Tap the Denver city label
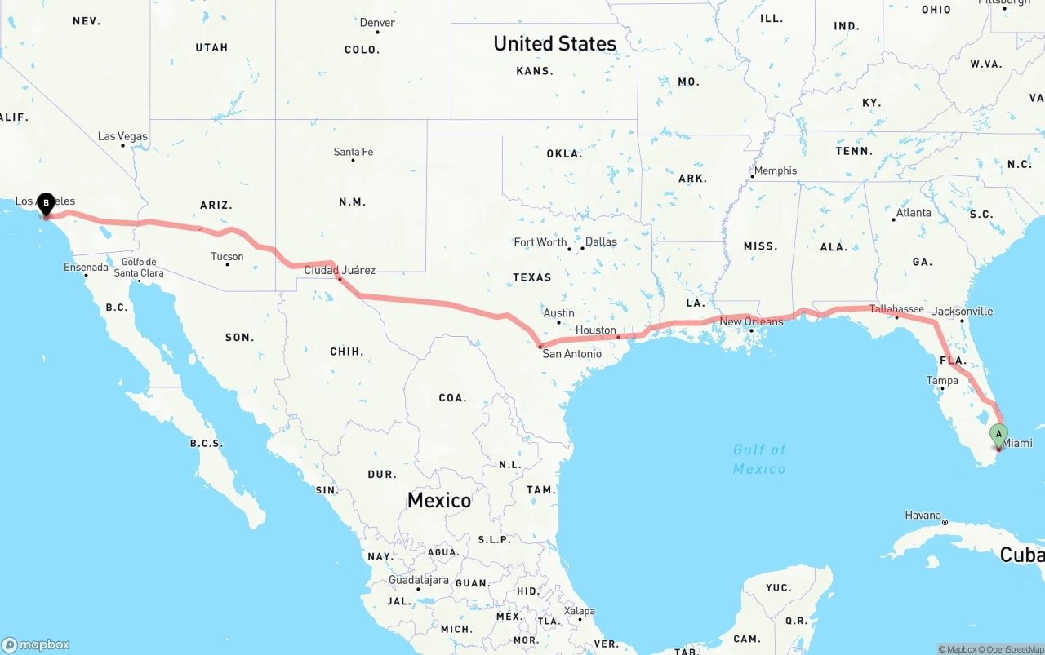377,23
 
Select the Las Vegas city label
122,136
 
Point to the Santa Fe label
353,152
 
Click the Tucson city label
227,257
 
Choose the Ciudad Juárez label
340,270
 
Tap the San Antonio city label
571,354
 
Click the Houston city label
595,330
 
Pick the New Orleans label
751,321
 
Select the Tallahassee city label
896,309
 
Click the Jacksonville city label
963,312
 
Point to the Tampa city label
942,381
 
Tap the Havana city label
923,516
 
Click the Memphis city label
775,171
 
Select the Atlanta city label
913,213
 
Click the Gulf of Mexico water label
759,459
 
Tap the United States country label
554,43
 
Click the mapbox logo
36,644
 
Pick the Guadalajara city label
418,580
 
